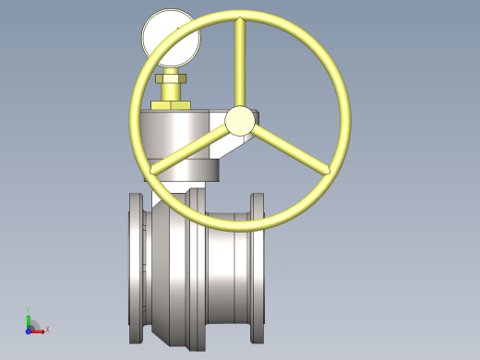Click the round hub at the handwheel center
tap(239, 120)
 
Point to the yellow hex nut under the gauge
tap(172, 81)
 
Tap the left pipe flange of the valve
tap(137, 268)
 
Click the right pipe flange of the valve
tap(258, 268)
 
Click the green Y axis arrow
tap(29, 319)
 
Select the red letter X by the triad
tap(47, 330)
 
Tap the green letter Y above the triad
tap(29, 310)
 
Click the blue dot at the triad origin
tap(29, 330)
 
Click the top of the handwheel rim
tap(239, 15)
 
